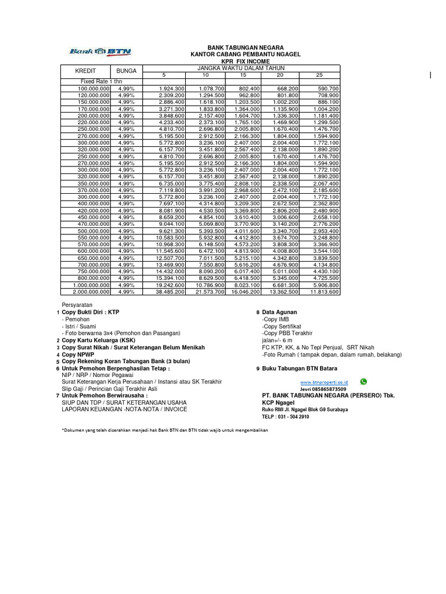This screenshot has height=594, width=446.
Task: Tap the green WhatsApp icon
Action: pos(364,382)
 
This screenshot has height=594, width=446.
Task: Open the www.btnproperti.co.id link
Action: pos(323,383)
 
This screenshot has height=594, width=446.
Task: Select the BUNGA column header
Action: pos(126,71)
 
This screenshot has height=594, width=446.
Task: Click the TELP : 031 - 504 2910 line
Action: pos(286,416)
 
